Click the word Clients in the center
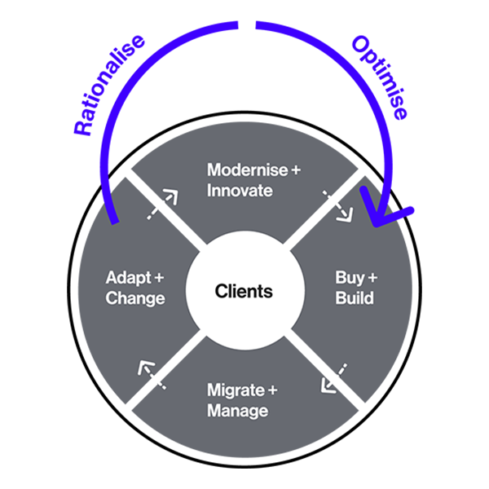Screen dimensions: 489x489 tap(244, 291)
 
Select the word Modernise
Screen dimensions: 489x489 tap(248, 170)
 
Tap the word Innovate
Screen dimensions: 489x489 tap(240, 191)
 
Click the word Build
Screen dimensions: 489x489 tap(355, 297)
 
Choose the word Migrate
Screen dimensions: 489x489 tap(236, 390)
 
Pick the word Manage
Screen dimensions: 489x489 tap(237, 411)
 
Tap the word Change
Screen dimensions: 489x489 tap(135, 298)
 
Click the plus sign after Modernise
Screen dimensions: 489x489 tap(295, 170)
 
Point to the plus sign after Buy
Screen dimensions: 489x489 tap(372, 277)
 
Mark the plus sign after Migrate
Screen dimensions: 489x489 tap(273, 390)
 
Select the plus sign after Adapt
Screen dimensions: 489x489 tap(159, 278)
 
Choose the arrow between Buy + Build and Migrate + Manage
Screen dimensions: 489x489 tap(334, 377)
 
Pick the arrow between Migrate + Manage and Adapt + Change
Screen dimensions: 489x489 tap(153, 375)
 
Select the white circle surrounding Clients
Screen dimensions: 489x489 tap(244, 322)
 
